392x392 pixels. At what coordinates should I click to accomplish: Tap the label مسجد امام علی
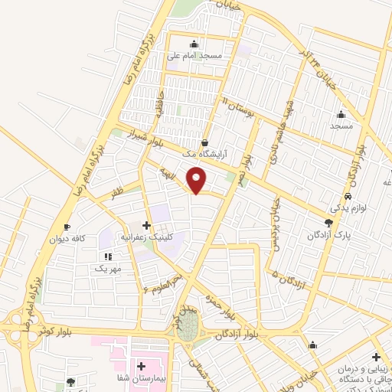tap(196, 57)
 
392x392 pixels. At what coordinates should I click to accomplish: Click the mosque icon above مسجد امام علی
tap(195, 44)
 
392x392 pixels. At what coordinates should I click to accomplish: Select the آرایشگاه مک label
tap(205, 155)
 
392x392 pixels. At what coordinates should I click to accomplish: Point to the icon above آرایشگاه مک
tap(204, 142)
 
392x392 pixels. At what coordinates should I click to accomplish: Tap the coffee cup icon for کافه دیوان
tap(67, 227)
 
